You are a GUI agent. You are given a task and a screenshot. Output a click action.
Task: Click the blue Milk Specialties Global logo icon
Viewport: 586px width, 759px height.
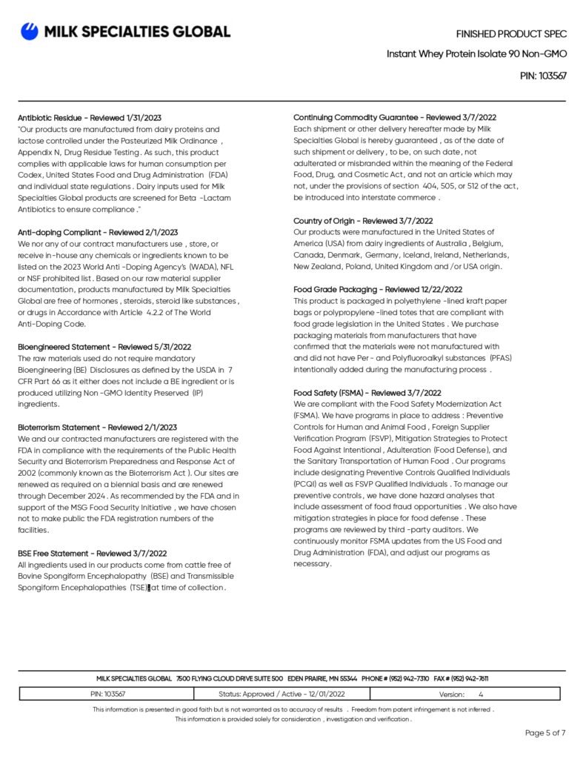[x=30, y=31]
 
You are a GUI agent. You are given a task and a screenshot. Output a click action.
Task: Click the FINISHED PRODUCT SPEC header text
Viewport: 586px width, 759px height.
[x=511, y=34]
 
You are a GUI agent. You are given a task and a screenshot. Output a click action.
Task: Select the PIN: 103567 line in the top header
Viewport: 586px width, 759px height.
[x=544, y=76]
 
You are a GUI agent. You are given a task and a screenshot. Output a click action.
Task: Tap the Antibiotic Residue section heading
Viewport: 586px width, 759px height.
[x=90, y=118]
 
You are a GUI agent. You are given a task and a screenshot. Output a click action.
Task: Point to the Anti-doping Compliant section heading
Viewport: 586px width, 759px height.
[x=98, y=233]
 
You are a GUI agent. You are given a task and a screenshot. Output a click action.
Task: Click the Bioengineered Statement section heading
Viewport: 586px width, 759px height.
[x=104, y=347]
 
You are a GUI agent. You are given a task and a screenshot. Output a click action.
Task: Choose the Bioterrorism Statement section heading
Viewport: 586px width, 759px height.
[x=97, y=428]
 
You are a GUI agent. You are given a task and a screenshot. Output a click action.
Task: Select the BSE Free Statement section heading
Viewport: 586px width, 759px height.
[x=92, y=553]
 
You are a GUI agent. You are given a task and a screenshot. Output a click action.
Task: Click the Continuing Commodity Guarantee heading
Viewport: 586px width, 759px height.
[x=394, y=117]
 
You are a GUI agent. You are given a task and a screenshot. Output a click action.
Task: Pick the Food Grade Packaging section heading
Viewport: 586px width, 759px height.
[x=378, y=289]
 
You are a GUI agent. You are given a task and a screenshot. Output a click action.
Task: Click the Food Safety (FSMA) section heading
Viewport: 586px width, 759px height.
[x=367, y=393]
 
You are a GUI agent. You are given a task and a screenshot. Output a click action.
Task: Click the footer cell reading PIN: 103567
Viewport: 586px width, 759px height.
[x=107, y=695]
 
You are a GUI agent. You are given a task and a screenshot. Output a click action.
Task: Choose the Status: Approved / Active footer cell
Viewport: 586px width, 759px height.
[x=282, y=695]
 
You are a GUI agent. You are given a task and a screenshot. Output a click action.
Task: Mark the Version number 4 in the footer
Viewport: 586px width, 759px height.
[x=481, y=695]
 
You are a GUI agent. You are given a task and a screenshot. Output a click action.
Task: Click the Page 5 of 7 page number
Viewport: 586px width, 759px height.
[x=545, y=733]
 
